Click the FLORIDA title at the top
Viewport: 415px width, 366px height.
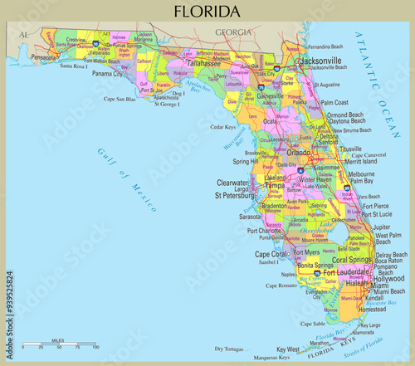click(x=207, y=12)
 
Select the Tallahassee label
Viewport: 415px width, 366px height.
click(x=203, y=62)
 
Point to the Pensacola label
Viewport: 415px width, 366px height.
click(x=42, y=58)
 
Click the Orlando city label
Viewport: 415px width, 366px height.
click(x=298, y=152)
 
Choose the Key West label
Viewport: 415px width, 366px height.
click(x=287, y=349)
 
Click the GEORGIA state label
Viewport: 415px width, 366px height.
click(x=232, y=32)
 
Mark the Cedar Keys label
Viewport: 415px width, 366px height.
click(x=223, y=127)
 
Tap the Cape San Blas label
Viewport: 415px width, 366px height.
click(x=120, y=99)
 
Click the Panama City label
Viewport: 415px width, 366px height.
click(x=109, y=73)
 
